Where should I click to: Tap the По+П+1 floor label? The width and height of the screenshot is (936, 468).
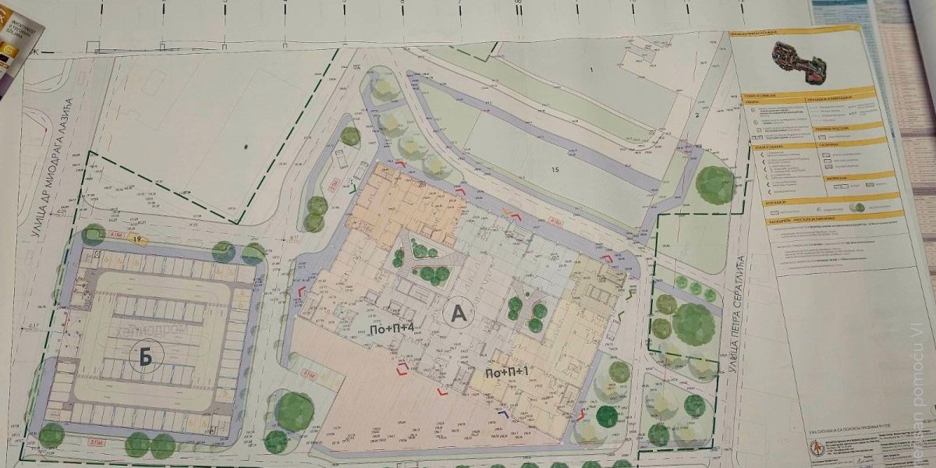click(x=508, y=373)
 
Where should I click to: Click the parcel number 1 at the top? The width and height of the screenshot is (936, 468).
click(x=591, y=71)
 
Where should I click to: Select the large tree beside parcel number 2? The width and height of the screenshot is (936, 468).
click(x=714, y=185)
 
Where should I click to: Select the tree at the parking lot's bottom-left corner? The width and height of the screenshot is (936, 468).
click(x=51, y=434)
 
